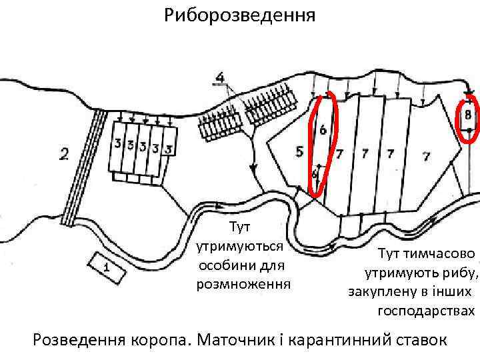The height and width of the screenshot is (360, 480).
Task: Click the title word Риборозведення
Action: click(x=241, y=14)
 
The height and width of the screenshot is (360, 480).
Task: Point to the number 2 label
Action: click(x=64, y=155)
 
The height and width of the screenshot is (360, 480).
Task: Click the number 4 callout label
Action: click(x=220, y=79)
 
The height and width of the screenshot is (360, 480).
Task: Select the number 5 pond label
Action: click(x=299, y=152)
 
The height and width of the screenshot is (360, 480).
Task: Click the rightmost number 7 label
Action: click(x=425, y=156)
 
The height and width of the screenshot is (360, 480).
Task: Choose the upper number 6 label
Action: click(x=322, y=129)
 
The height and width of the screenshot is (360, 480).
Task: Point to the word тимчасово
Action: click(x=443, y=254)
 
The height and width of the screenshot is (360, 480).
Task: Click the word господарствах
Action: click(x=427, y=311)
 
